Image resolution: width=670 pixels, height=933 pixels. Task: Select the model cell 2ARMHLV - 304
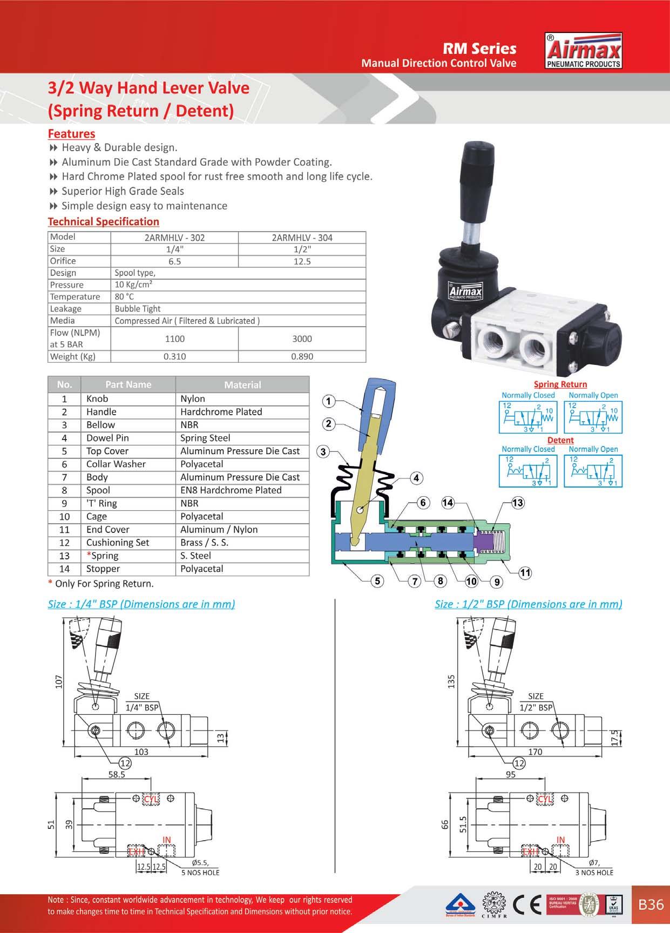click(x=302, y=238)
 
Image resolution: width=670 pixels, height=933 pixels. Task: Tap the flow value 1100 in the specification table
click(x=174, y=339)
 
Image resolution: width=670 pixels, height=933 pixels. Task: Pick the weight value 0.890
click(x=302, y=356)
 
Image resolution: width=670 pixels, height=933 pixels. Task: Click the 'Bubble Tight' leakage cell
click(x=138, y=309)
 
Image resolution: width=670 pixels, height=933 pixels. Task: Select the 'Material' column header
click(x=242, y=385)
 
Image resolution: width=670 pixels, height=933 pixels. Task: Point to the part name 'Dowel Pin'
click(x=107, y=438)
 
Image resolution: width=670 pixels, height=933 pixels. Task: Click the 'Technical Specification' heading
click(x=104, y=221)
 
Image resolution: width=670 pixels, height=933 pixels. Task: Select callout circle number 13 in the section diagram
click(x=517, y=503)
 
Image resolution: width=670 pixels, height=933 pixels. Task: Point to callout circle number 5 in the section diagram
click(x=377, y=581)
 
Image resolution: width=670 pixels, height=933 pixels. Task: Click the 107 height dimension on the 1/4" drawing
click(x=59, y=681)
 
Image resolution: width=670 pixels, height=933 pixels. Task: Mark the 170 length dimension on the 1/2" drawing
click(x=535, y=752)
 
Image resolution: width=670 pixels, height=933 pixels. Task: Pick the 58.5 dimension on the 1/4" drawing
click(x=116, y=774)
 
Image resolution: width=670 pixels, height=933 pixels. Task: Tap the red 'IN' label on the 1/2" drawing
click(x=561, y=840)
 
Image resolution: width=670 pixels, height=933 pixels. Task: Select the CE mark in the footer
click(x=529, y=905)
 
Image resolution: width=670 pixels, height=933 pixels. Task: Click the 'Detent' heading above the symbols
click(x=560, y=440)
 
